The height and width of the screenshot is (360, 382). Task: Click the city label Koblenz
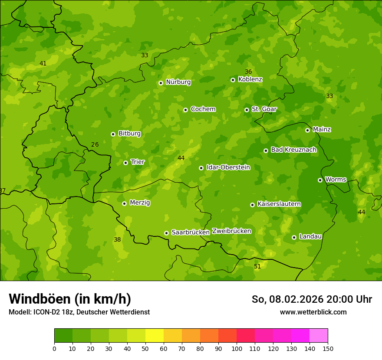pos(250,79)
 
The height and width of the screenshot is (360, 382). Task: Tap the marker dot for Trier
pos(126,163)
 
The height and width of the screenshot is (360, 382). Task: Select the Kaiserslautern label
pos(279,204)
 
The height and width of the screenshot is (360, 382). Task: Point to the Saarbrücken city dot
pos(166,233)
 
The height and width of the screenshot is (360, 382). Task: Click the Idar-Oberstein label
pos(228,167)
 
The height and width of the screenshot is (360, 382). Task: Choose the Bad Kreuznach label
pos(293,150)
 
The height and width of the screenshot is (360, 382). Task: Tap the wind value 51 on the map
pos(257,266)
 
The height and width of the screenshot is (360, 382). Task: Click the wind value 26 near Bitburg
pos(95,144)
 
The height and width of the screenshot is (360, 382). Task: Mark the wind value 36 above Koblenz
pos(248,72)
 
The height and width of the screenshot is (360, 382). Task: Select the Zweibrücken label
pos(231,231)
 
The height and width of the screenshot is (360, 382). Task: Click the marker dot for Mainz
pos(307,130)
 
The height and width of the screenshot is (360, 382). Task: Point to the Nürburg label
pos(178,82)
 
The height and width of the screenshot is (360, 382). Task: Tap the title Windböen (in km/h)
pos(70,299)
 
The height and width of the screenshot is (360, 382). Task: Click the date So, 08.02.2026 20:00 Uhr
pos(312,299)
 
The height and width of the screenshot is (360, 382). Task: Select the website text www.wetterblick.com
pos(313,312)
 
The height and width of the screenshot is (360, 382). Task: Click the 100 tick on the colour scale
pos(237,348)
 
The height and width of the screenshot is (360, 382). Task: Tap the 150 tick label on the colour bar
pos(327,348)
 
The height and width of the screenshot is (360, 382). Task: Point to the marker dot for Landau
pos(294,237)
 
